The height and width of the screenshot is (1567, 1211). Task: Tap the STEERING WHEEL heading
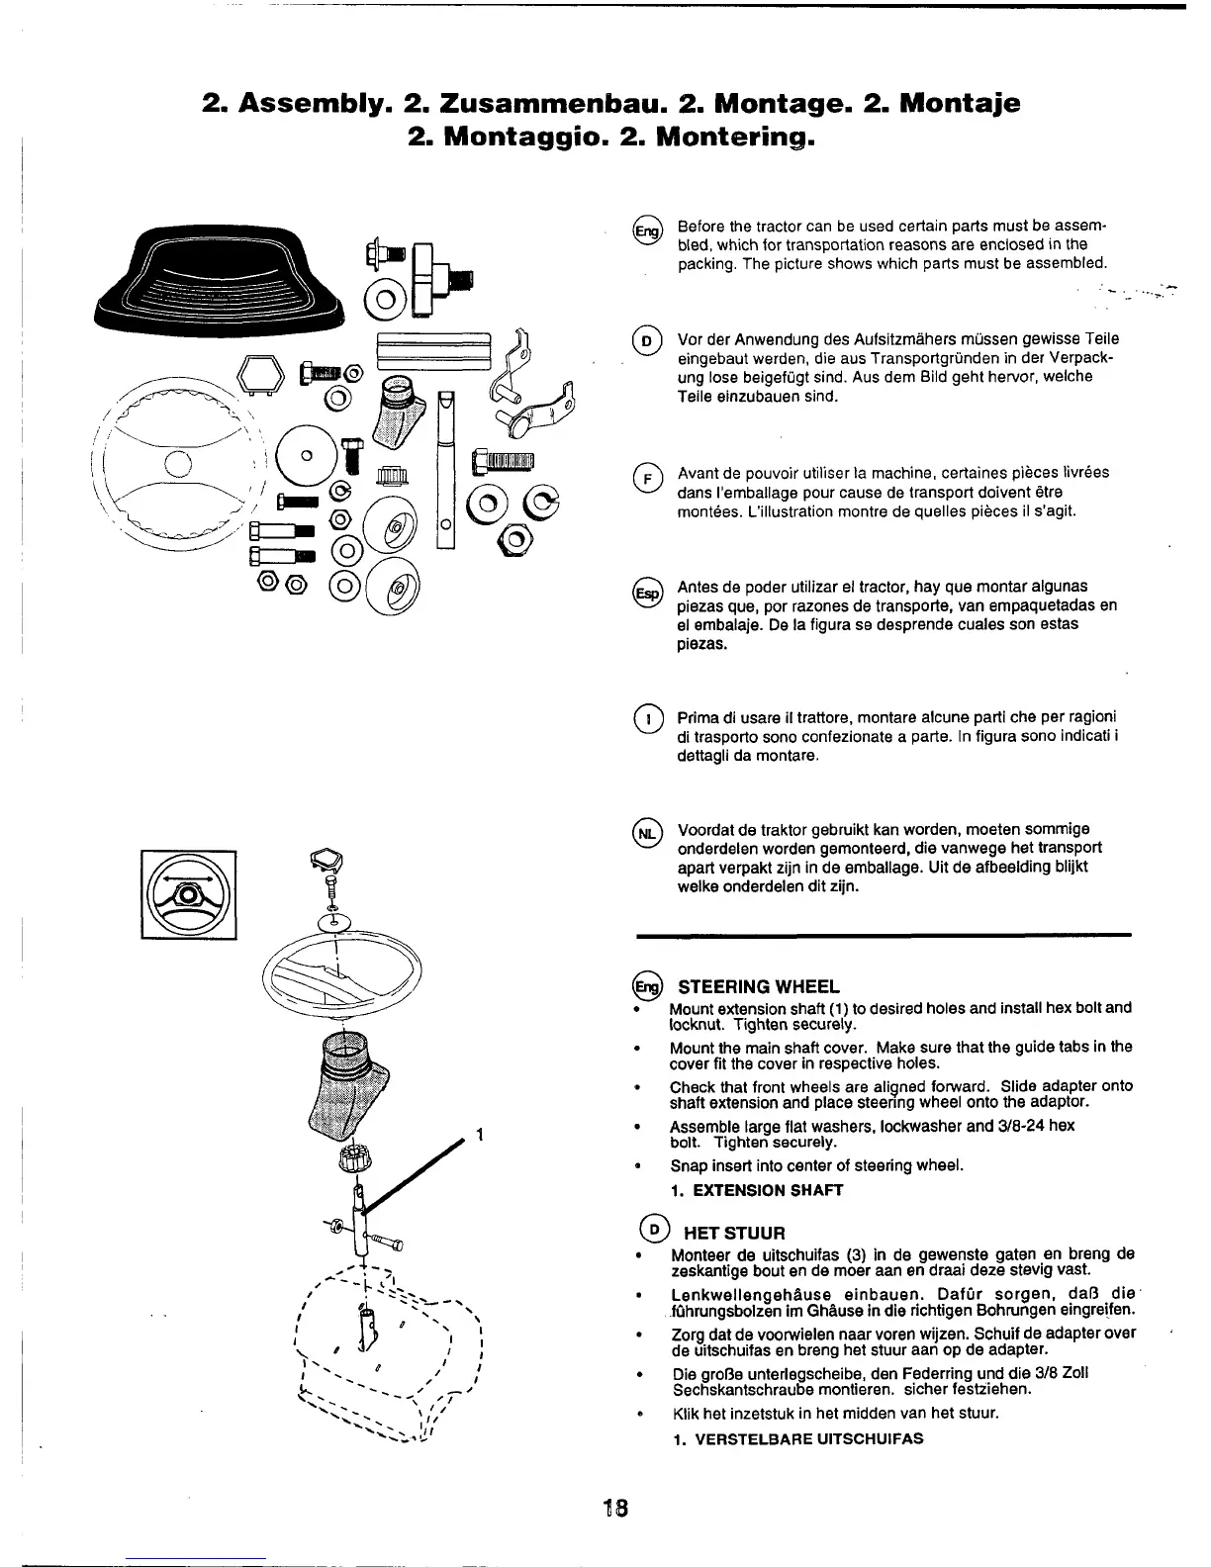pos(757,986)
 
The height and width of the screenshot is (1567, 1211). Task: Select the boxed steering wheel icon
pos(188,892)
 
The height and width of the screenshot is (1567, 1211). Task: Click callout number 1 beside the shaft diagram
pos(479,1135)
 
